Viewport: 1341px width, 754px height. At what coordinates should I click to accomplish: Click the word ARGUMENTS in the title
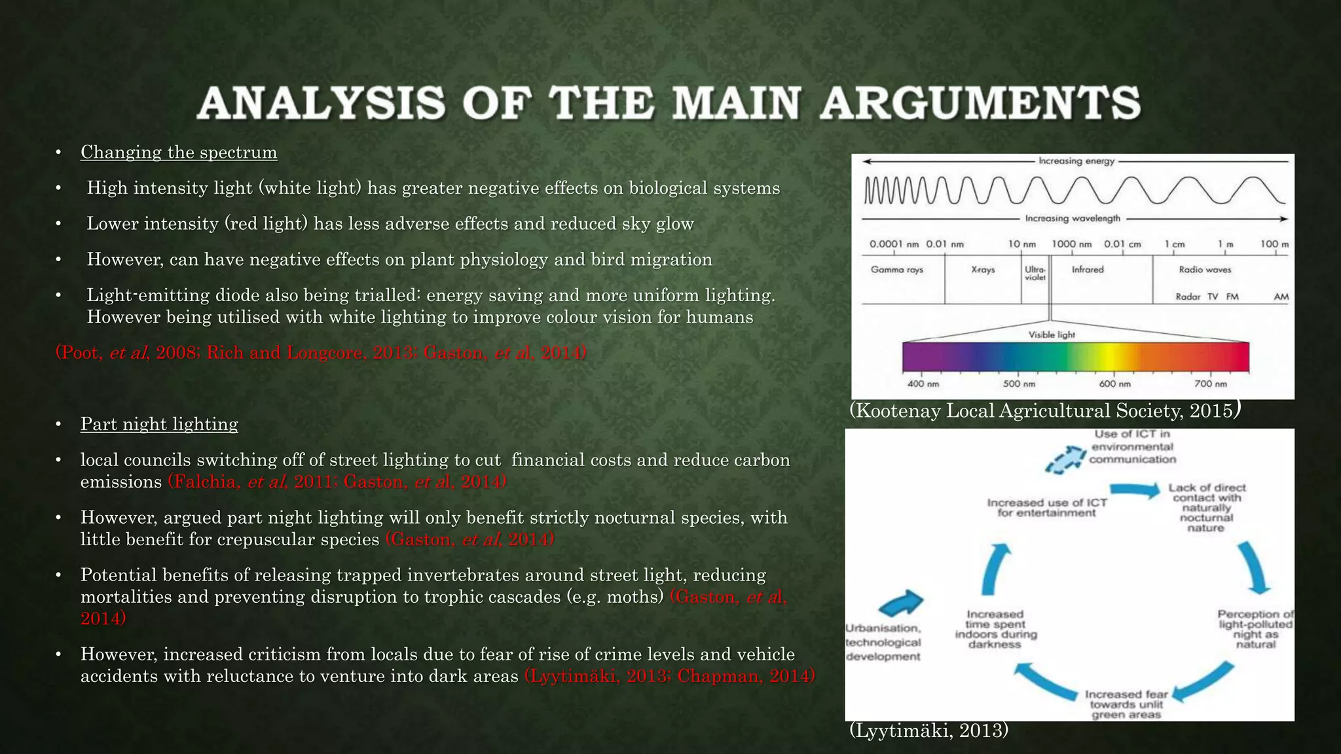click(x=980, y=103)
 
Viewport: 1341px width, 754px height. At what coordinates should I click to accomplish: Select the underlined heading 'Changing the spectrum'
click(x=179, y=153)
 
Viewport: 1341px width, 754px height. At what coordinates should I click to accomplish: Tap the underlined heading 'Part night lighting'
click(x=159, y=424)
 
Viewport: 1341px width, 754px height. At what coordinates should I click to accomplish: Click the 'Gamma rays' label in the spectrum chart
click(x=897, y=270)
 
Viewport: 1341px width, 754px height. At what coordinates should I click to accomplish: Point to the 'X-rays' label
click(x=983, y=270)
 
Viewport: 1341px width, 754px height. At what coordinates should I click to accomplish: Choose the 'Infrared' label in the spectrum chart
click(x=1088, y=269)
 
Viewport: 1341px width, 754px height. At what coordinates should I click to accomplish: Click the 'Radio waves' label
click(x=1205, y=270)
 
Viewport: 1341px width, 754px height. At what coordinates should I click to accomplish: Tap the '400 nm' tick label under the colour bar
click(x=923, y=384)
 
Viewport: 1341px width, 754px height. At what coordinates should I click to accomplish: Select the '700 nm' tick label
click(x=1211, y=384)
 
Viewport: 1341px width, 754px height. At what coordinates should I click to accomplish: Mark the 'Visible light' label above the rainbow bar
click(x=1052, y=334)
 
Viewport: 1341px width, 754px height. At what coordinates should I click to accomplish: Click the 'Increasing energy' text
click(x=1076, y=161)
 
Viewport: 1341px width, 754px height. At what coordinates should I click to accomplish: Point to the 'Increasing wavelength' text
click(x=1073, y=219)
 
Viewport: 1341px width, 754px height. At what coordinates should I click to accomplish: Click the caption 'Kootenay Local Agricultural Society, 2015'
click(x=1045, y=410)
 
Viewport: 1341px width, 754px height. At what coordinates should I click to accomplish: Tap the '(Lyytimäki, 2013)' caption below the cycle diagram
click(x=928, y=730)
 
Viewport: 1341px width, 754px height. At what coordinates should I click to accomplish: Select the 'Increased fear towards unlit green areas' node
click(x=1126, y=704)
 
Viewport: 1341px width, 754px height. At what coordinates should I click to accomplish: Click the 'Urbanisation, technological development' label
click(x=883, y=642)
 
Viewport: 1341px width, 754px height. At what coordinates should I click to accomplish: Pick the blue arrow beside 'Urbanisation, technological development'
click(x=901, y=602)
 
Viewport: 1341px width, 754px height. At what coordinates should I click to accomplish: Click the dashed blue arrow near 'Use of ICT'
click(x=1066, y=459)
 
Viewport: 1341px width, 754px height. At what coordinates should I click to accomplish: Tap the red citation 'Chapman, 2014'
click(x=746, y=676)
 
